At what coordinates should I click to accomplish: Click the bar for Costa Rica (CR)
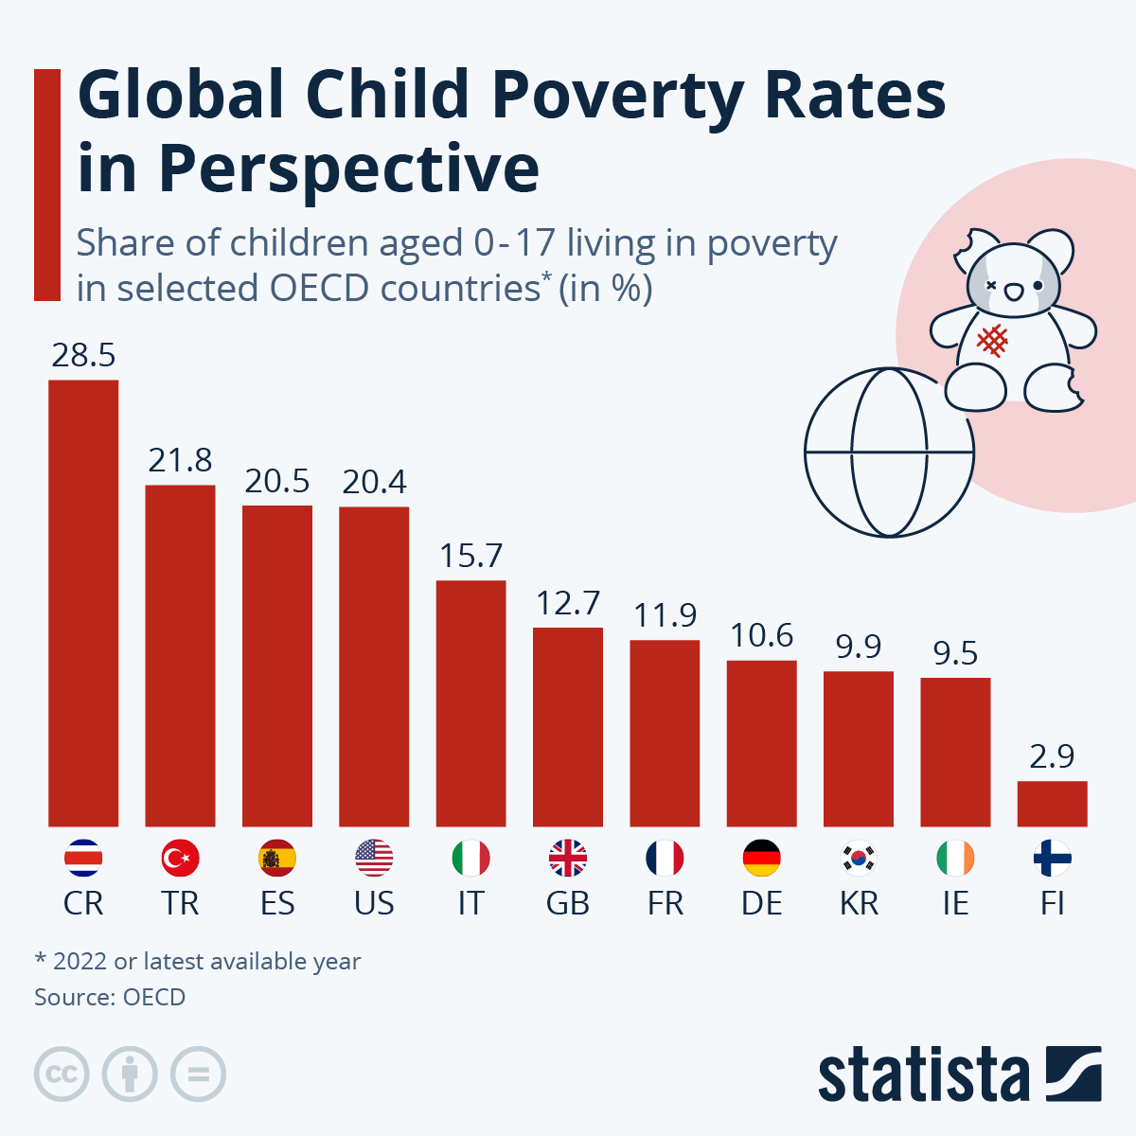[83, 603]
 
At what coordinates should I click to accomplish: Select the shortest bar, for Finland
[1052, 804]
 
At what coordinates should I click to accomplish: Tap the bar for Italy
[470, 703]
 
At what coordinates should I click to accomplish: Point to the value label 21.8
[180, 460]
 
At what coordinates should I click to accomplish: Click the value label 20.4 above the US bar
[374, 482]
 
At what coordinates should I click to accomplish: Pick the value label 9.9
[859, 647]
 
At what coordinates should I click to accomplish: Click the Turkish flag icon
[180, 859]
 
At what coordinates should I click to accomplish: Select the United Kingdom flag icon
[568, 859]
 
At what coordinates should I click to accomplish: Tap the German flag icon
[762, 859]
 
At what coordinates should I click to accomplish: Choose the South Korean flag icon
[859, 859]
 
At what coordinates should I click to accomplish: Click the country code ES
[277, 903]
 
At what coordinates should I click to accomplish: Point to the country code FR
[665, 903]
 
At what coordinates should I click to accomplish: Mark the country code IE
[955, 903]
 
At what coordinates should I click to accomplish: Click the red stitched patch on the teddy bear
[991, 339]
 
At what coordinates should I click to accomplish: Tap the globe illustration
[888, 453]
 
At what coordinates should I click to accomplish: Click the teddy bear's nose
[1013, 292]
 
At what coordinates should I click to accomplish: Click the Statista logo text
[923, 1075]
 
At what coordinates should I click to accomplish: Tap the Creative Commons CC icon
[62, 1074]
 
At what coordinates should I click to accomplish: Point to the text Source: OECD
[110, 997]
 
